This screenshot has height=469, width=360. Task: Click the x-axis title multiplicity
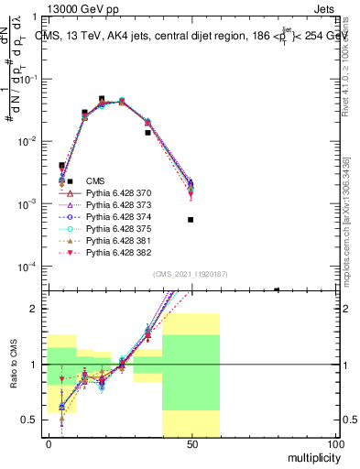tap(311, 455)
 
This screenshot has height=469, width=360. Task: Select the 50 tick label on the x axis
tap(191, 443)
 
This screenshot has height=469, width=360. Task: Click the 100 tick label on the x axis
tap(333, 443)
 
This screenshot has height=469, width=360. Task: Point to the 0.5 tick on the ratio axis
tap(29, 420)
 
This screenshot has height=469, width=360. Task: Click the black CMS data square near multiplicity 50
tap(191, 220)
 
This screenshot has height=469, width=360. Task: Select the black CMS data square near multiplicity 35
tap(148, 133)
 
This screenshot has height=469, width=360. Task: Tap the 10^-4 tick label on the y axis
tap(28, 267)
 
